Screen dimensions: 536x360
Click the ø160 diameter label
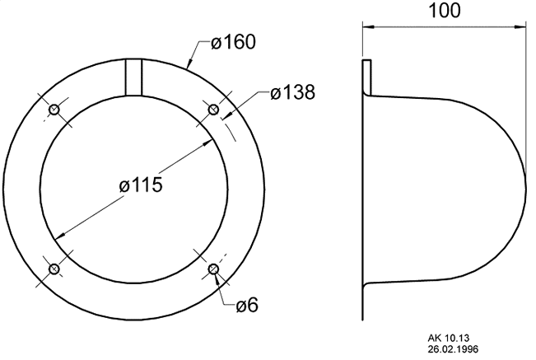tap(233, 42)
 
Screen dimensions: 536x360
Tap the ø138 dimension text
tap(292, 92)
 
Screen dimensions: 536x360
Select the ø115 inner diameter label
tap(141, 185)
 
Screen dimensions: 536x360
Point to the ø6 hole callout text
tap(247, 306)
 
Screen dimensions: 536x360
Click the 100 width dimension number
tap(444, 11)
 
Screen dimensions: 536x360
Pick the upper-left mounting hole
tap(54, 110)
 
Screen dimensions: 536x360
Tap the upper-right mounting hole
tap(213, 110)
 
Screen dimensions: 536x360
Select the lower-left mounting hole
tap(54, 269)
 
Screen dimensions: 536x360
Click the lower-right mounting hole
tap(213, 269)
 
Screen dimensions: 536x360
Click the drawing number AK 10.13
tap(449, 338)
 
